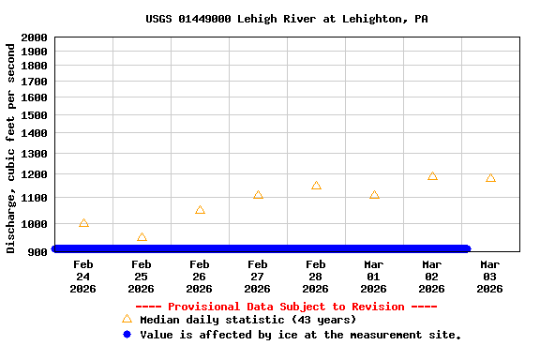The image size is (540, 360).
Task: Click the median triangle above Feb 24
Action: click(83, 223)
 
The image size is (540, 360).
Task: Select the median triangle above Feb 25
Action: click(142, 237)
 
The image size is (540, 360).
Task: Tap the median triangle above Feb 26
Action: click(200, 210)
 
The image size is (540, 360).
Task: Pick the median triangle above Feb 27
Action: click(258, 195)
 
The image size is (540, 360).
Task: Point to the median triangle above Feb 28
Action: click(316, 186)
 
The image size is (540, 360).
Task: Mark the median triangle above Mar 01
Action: click(374, 195)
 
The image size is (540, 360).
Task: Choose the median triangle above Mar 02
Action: click(432, 175)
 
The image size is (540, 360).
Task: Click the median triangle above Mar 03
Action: click(490, 177)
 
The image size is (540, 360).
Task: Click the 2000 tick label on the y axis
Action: click(33, 37)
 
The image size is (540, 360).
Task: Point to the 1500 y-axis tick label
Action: click(33, 115)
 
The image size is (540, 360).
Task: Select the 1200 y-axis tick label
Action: click(33, 174)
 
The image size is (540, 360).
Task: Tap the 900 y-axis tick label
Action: click(37, 251)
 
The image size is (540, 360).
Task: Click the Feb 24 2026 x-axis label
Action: click(83, 277)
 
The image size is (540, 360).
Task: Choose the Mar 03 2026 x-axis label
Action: click(490, 277)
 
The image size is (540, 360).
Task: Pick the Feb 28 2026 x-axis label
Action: click(316, 277)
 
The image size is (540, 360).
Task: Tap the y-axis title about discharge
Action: click(11, 148)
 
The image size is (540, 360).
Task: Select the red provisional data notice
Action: click(286, 307)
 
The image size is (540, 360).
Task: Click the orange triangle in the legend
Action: click(127, 320)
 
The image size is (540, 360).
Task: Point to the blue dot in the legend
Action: click(127, 335)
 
